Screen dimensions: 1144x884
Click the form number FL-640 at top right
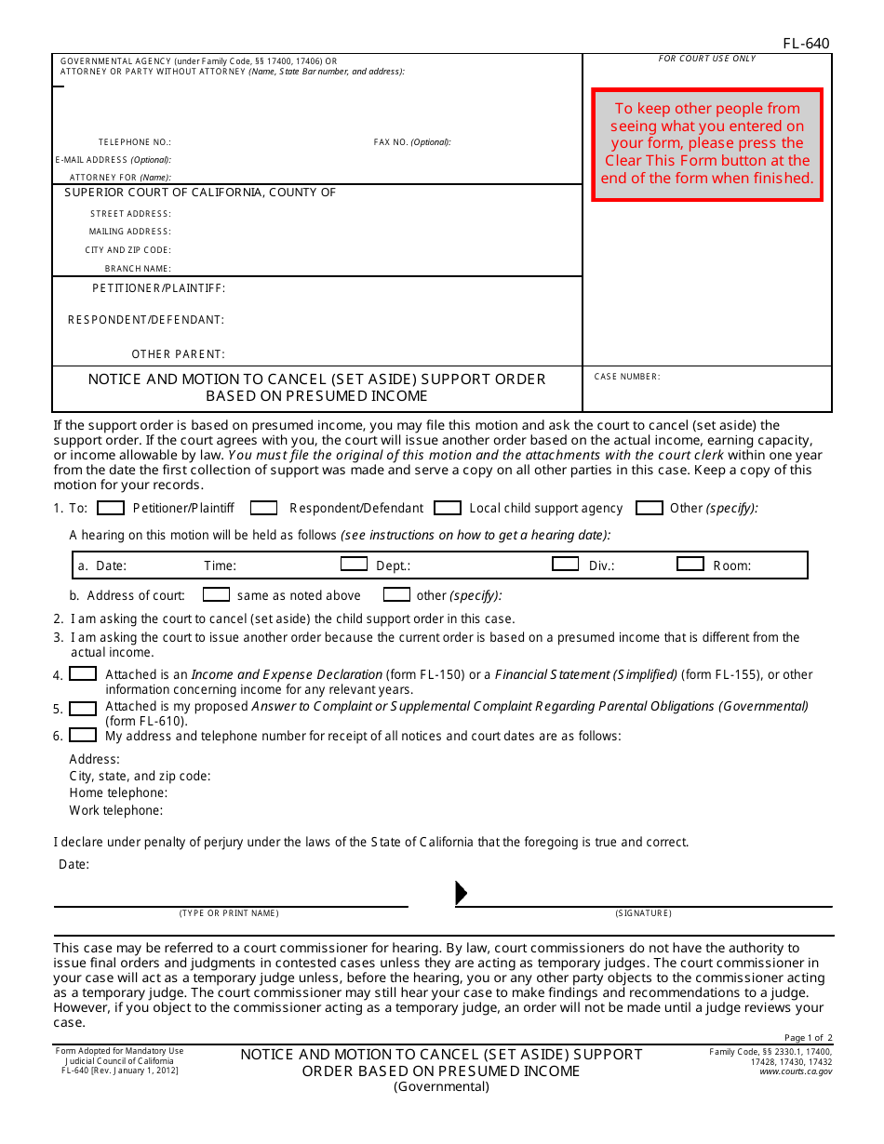(x=806, y=43)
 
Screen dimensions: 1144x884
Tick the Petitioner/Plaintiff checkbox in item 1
(x=111, y=508)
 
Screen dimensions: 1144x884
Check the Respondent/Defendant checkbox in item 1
(x=263, y=508)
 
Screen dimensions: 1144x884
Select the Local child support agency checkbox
(x=448, y=508)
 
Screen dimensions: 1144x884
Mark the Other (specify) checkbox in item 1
(x=649, y=508)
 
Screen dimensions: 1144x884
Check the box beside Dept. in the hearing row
(x=354, y=564)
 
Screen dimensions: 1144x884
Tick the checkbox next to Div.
(x=565, y=564)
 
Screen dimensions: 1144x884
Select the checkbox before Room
(x=690, y=564)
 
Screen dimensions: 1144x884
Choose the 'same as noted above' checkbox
(x=216, y=594)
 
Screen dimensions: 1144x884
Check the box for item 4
(x=83, y=673)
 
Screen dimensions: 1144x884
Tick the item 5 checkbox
(x=83, y=709)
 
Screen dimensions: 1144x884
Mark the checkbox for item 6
(x=83, y=735)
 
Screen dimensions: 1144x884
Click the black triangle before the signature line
(x=461, y=893)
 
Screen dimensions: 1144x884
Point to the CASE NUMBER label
(x=626, y=377)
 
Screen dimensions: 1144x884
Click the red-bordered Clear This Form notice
(x=707, y=144)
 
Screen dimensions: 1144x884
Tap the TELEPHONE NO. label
(x=135, y=142)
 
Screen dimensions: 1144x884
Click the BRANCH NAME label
(x=138, y=269)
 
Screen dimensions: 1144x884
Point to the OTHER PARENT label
(x=178, y=354)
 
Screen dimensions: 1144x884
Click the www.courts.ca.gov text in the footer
(x=796, y=1071)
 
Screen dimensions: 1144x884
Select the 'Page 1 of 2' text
(x=808, y=1038)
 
